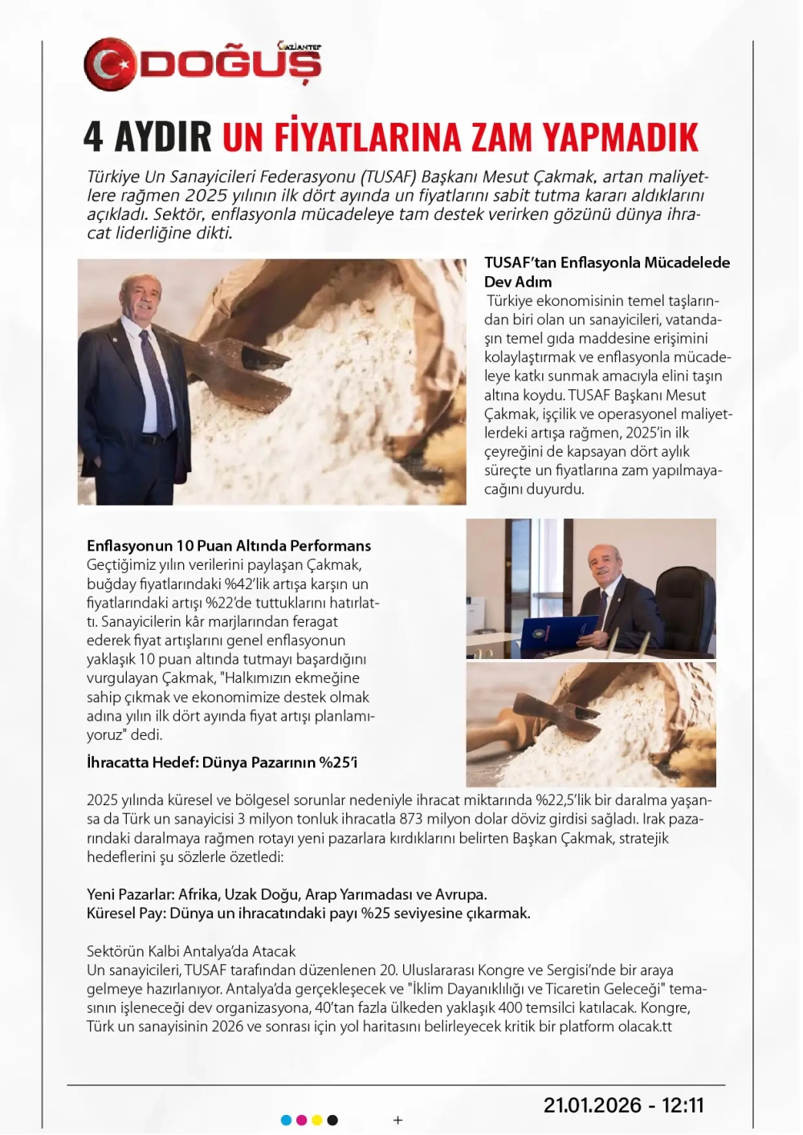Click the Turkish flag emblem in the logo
click(111, 65)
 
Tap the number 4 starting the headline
click(93, 137)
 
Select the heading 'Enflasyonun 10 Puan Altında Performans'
click(228, 546)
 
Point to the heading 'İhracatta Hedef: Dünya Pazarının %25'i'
click(222, 763)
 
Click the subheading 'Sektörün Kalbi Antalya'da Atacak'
click(191, 951)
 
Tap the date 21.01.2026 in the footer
click(593, 1105)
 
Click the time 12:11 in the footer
click(683, 1105)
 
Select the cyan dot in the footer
click(286, 1120)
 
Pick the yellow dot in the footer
click(316, 1120)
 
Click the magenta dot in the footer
click(301, 1120)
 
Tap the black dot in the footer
click(332, 1120)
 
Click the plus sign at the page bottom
click(397, 1120)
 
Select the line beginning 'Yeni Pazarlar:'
click(287, 894)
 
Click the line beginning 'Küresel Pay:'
click(308, 913)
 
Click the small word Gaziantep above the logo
click(298, 47)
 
